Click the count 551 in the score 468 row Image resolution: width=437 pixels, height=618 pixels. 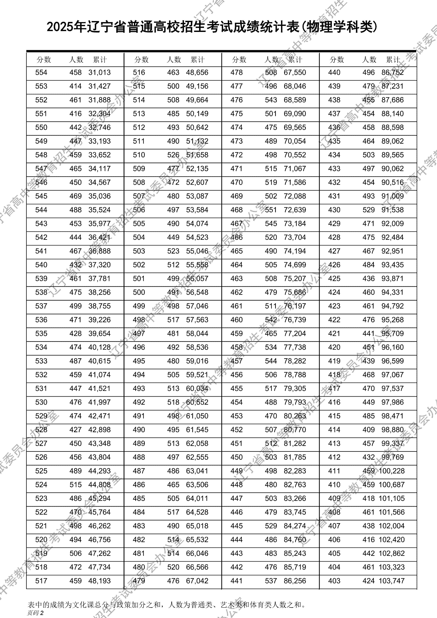[271, 210]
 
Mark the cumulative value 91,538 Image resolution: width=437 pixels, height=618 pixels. [393, 210]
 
